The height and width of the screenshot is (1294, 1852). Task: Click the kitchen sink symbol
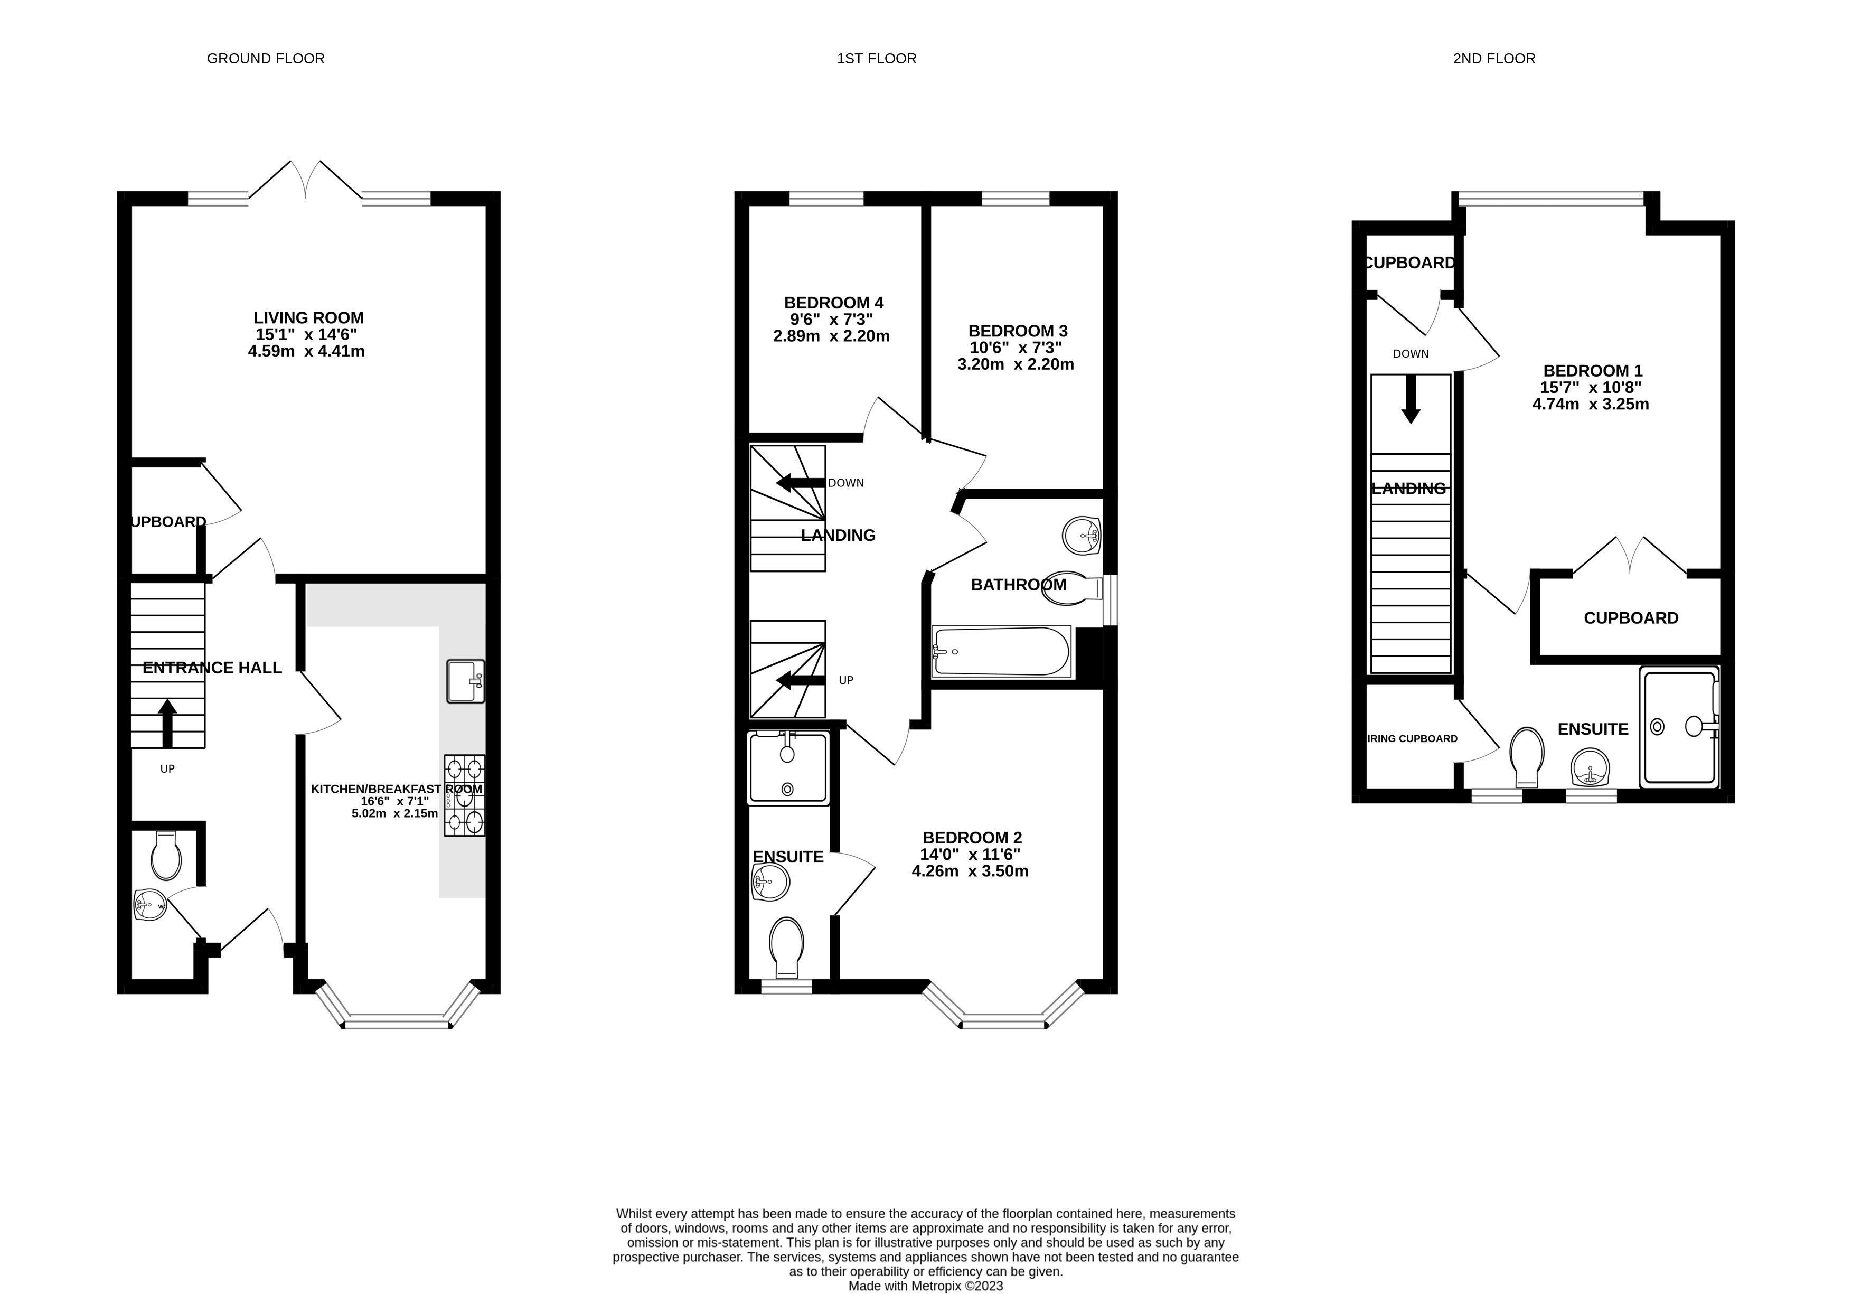tap(465, 682)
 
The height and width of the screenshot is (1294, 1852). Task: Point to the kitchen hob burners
tap(465, 795)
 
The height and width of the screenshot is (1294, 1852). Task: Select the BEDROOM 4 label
tap(833, 303)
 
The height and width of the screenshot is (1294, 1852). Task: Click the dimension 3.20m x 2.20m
tap(1015, 364)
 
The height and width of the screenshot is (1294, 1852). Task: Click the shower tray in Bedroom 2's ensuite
tap(788, 768)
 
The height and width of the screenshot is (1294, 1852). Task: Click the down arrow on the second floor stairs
tap(1410, 399)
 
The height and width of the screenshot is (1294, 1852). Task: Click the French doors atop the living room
tap(306, 179)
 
